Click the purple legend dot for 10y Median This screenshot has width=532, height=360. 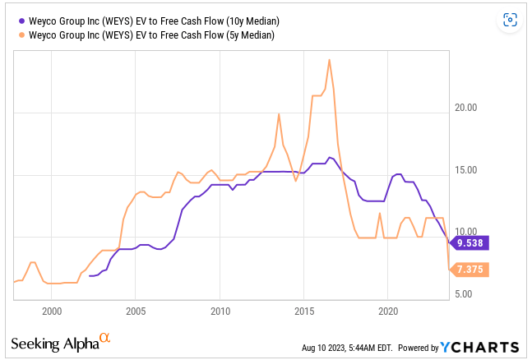click(20, 21)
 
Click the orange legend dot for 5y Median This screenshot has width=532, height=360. click(20, 35)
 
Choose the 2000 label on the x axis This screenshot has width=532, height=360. click(52, 312)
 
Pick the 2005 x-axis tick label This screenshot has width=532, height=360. click(136, 312)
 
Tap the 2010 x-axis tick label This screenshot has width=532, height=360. click(220, 312)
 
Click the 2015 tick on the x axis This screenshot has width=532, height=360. click(303, 312)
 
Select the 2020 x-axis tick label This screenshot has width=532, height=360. click(387, 312)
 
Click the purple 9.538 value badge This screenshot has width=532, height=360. click(470, 242)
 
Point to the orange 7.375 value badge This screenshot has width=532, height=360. click(470, 270)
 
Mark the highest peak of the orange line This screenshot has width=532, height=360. click(329, 59)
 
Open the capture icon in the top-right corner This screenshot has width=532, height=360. click(510, 20)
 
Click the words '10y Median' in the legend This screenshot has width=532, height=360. click(247, 21)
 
